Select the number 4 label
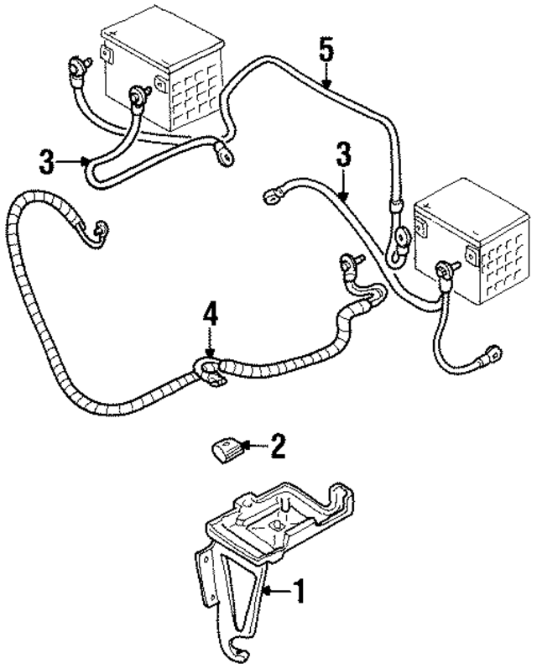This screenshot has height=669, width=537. click(211, 316)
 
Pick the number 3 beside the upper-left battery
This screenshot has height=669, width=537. click(49, 159)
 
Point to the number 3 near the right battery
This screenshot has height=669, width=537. click(343, 156)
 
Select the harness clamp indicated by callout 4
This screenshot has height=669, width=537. click(209, 370)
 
